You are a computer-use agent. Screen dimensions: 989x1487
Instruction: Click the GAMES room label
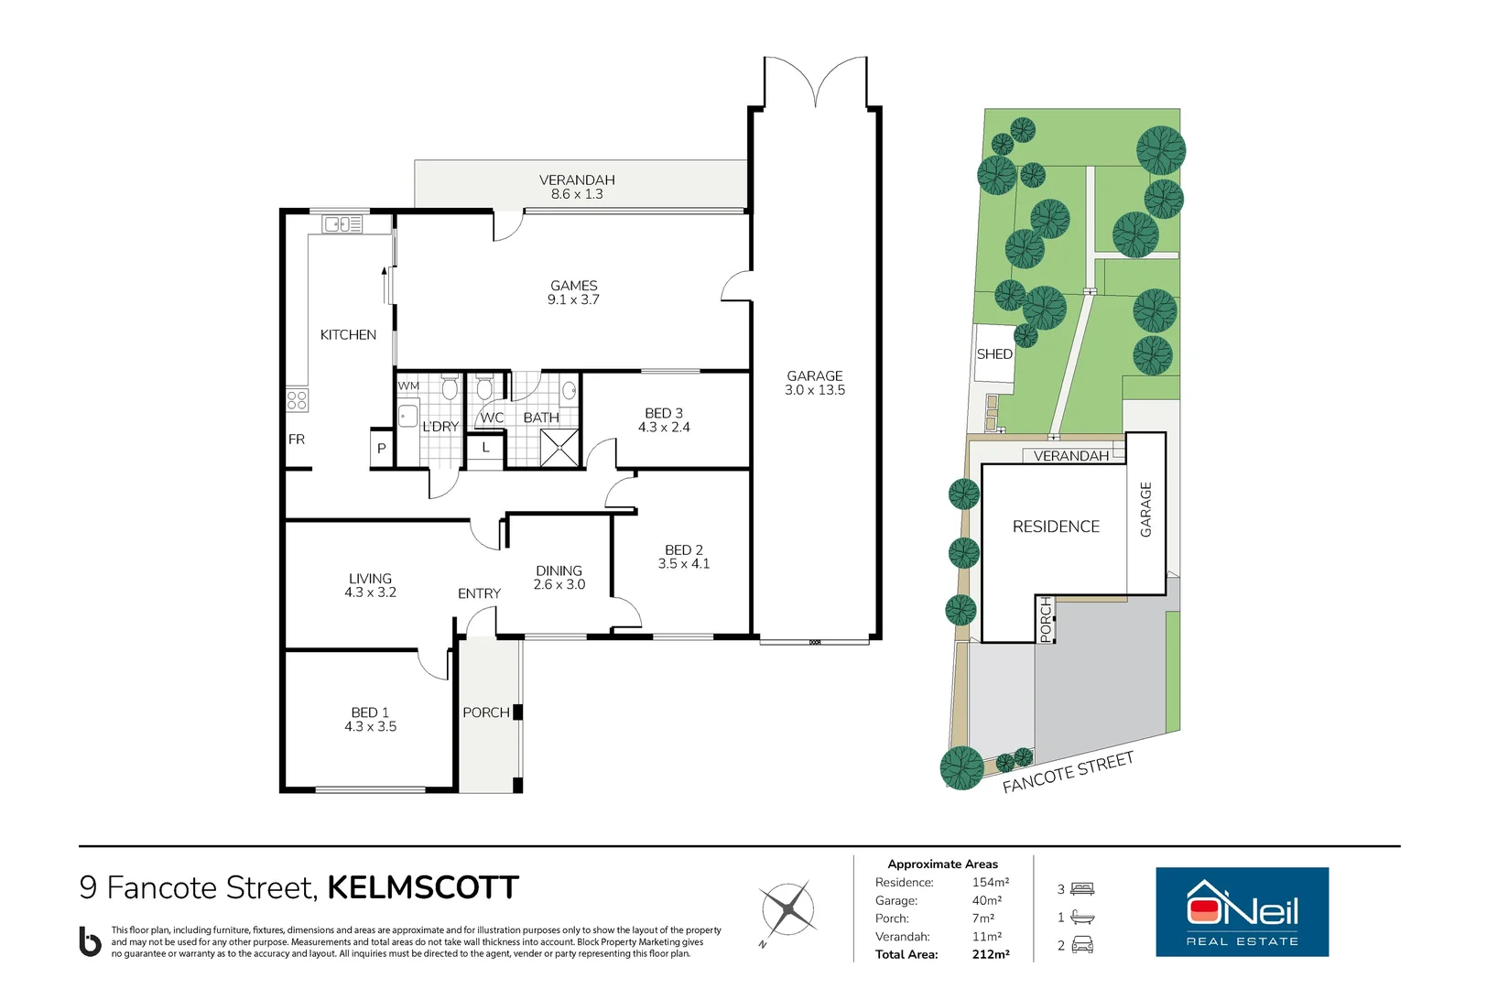pyautogui.click(x=574, y=287)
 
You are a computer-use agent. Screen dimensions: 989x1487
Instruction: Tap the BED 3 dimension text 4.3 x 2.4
pyautogui.click(x=664, y=428)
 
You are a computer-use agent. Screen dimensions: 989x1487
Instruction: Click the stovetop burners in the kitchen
pyautogui.click(x=297, y=400)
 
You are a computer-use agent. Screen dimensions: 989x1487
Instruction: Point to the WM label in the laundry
pyautogui.click(x=408, y=386)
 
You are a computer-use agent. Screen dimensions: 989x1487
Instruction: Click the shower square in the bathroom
pyautogui.click(x=559, y=448)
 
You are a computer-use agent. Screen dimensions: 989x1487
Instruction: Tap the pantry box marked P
pyautogui.click(x=382, y=449)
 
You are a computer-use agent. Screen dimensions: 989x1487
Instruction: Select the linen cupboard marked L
pyautogui.click(x=485, y=448)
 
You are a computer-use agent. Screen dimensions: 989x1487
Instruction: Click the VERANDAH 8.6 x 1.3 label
pyautogui.click(x=577, y=187)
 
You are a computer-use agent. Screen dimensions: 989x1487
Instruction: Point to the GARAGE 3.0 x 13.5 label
pyautogui.click(x=815, y=383)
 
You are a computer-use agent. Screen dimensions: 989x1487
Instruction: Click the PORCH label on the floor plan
pyautogui.click(x=486, y=712)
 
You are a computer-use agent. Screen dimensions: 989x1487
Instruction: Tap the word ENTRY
pyautogui.click(x=479, y=594)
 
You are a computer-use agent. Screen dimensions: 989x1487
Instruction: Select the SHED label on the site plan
pyautogui.click(x=994, y=354)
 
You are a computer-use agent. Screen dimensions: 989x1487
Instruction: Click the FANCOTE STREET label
pyautogui.click(x=1068, y=773)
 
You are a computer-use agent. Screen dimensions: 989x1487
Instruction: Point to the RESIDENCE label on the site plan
pyautogui.click(x=1056, y=527)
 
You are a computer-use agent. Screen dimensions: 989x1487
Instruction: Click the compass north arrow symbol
pyautogui.click(x=787, y=910)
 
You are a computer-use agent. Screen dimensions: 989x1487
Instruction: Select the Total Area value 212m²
pyautogui.click(x=990, y=954)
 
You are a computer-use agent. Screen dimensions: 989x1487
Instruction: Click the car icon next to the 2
pyautogui.click(x=1082, y=945)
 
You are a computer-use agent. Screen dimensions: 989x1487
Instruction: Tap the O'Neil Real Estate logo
pyautogui.click(x=1242, y=912)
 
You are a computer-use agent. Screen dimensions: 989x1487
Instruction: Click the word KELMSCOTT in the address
pyautogui.click(x=423, y=887)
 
